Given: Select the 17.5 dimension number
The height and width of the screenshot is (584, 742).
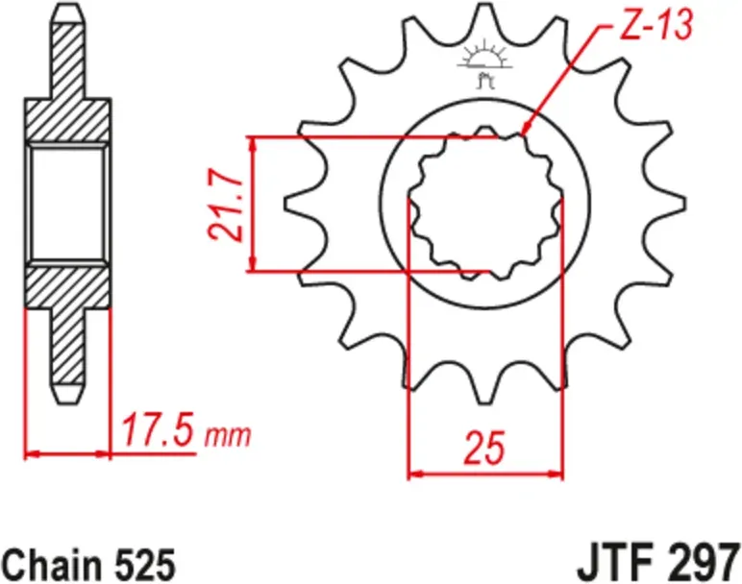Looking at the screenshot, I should click(x=159, y=433).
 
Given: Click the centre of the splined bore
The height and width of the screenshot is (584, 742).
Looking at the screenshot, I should click(x=485, y=205).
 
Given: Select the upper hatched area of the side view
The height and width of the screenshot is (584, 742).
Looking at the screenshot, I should click(x=68, y=106).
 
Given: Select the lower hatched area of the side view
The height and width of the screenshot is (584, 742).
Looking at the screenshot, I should click(x=68, y=307).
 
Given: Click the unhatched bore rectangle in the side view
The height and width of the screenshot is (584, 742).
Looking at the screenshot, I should click(x=67, y=203).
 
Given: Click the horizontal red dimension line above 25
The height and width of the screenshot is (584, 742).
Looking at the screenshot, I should click(x=485, y=473).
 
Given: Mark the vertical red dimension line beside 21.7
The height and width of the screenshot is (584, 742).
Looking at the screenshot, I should click(x=253, y=205).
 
